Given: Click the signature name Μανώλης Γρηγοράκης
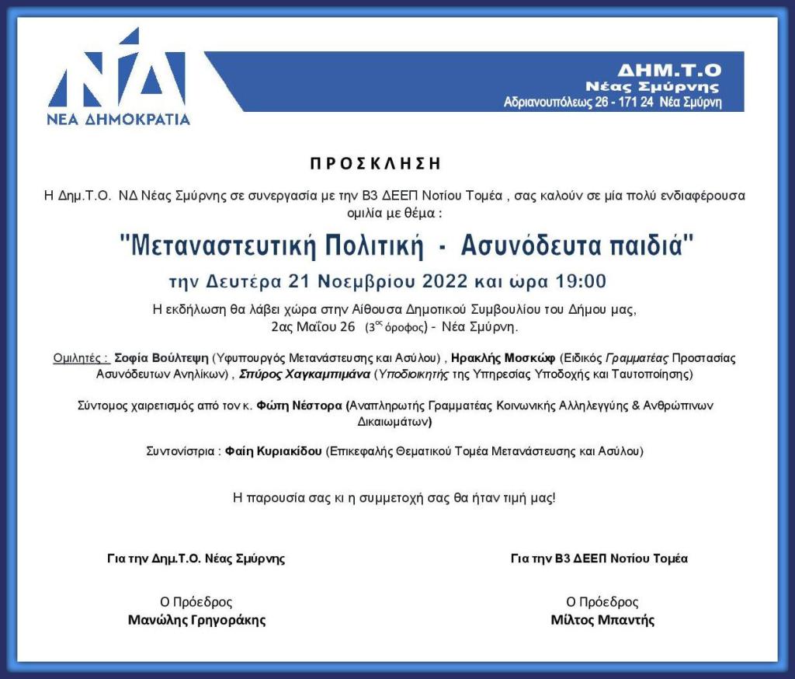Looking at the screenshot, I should (x=196, y=620).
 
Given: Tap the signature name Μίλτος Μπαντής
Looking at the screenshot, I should (x=602, y=620).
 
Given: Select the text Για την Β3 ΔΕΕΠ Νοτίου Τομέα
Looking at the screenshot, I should (x=599, y=558).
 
